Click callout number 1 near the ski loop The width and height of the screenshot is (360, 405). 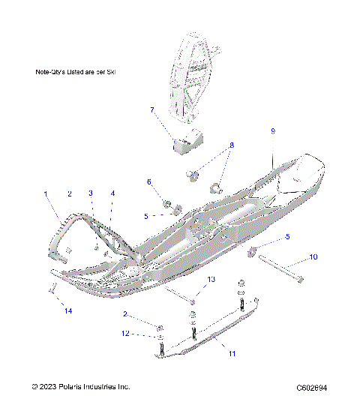click(x=46, y=193)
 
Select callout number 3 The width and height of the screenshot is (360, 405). click(x=91, y=193)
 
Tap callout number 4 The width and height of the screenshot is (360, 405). click(x=112, y=193)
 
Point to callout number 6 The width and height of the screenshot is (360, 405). click(x=149, y=181)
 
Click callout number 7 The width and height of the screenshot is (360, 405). click(x=152, y=110)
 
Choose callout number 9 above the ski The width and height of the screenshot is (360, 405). click(x=273, y=131)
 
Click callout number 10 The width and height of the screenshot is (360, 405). click(x=313, y=257)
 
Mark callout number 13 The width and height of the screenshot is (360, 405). click(x=211, y=279)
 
